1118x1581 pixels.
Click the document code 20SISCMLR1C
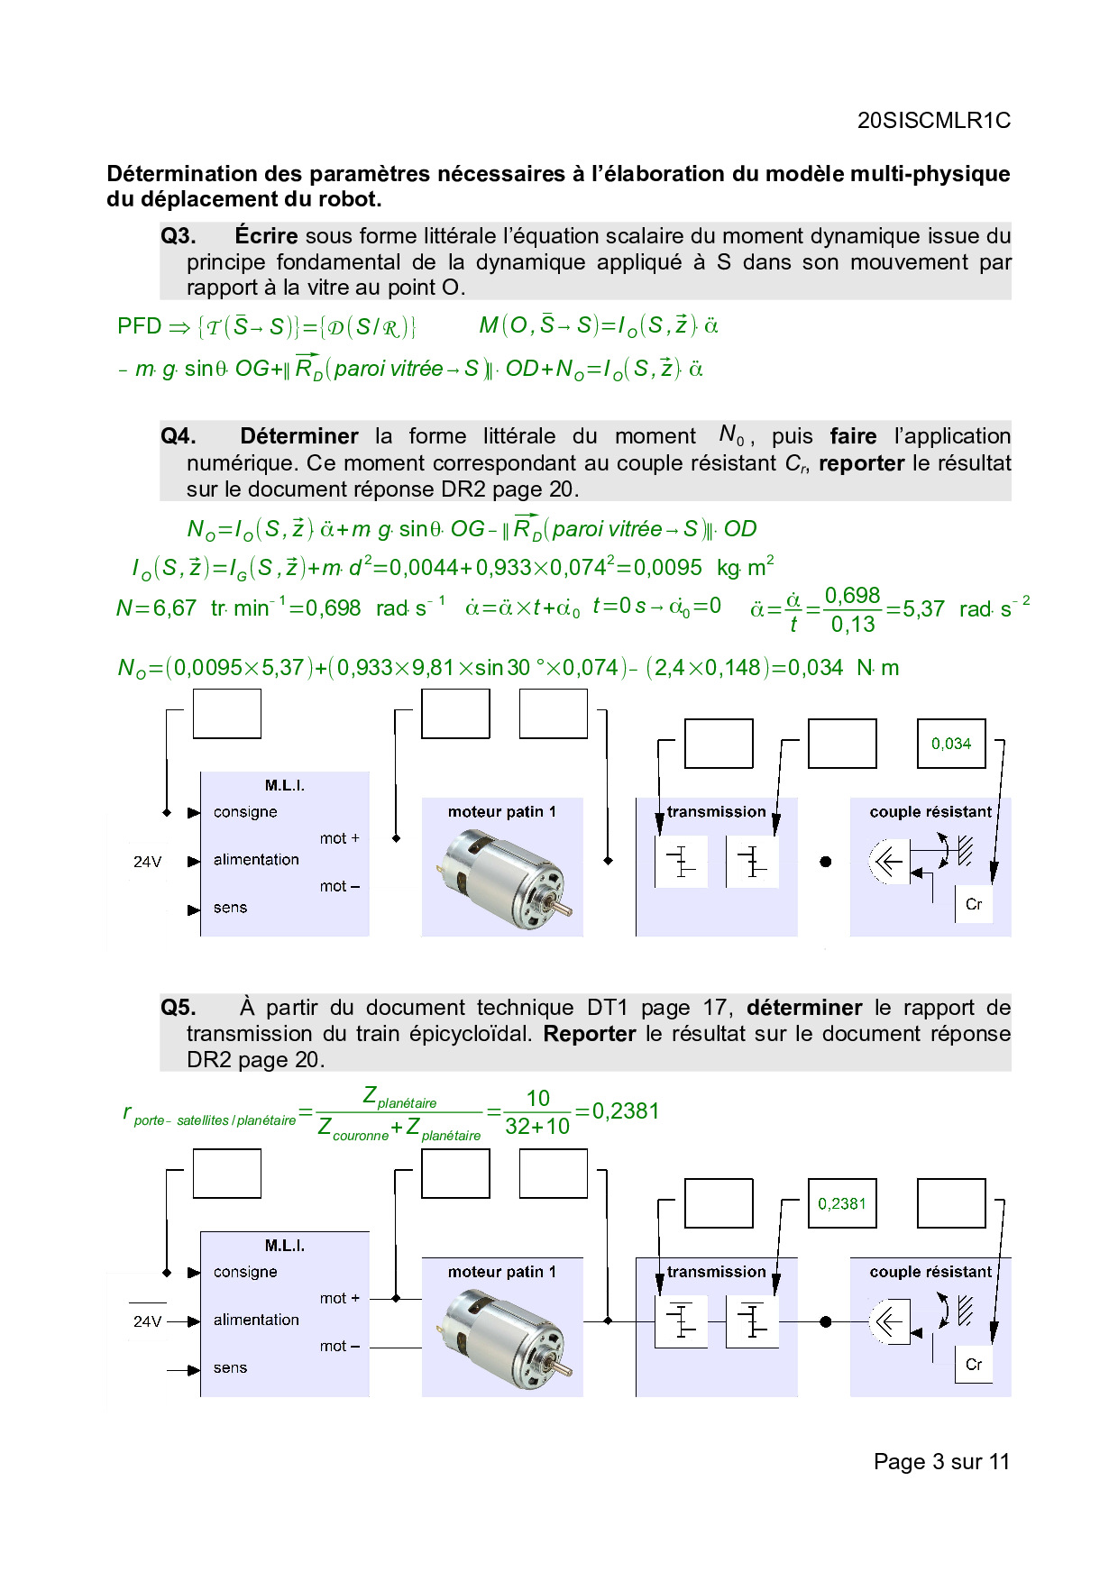pyautogui.click(x=933, y=121)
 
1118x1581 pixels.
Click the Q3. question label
pyautogui.click(x=179, y=236)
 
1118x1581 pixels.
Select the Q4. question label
pyautogui.click(x=179, y=436)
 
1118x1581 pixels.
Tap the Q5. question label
pyautogui.click(x=179, y=1008)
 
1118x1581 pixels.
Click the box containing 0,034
pyautogui.click(x=950, y=744)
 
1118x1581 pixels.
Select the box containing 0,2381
pyautogui.click(x=841, y=1203)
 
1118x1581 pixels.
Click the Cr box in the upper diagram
pyautogui.click(x=974, y=904)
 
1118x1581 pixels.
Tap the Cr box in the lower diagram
pyautogui.click(x=974, y=1364)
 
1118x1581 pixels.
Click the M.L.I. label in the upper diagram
pyautogui.click(x=285, y=786)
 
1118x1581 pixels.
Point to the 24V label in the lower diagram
pyautogui.click(x=147, y=1321)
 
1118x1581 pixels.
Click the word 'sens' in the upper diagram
pyautogui.click(x=230, y=908)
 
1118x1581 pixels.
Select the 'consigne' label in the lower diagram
pyautogui.click(x=245, y=1272)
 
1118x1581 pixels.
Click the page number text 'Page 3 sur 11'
pyautogui.click(x=941, y=1462)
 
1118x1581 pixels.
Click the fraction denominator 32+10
pyautogui.click(x=537, y=1127)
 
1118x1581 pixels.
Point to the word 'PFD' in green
pyautogui.click(x=139, y=326)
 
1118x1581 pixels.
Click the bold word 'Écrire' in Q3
pyautogui.click(x=266, y=236)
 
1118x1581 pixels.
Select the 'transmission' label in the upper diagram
pyautogui.click(x=716, y=812)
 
